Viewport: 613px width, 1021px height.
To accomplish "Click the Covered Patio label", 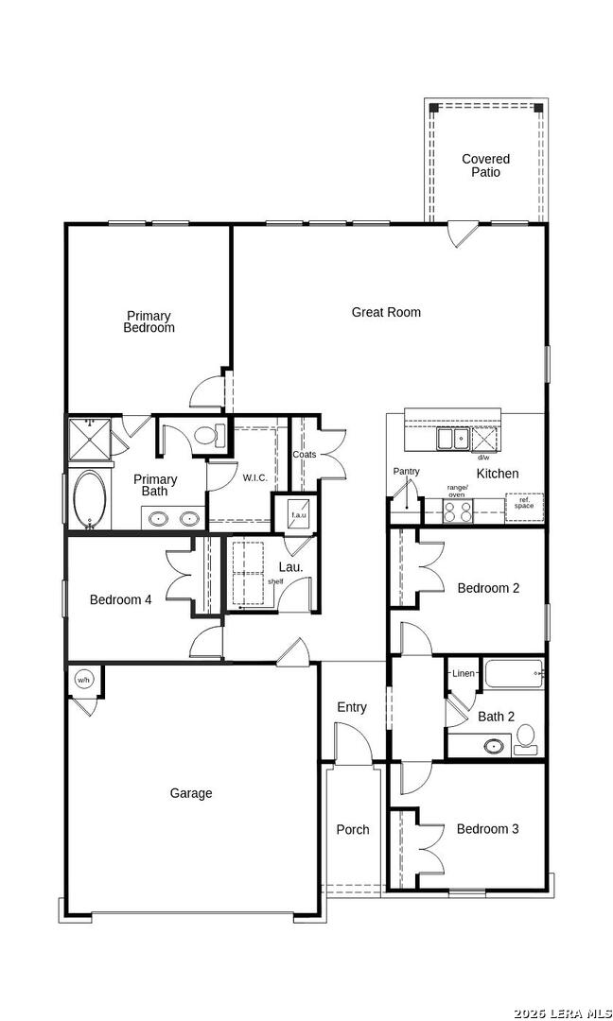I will pyautogui.click(x=485, y=165).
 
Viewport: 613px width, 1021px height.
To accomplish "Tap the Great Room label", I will pyautogui.click(x=386, y=312).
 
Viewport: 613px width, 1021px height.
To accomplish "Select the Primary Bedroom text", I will pyautogui.click(x=149, y=322).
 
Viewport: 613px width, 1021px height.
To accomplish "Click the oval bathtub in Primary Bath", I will pyautogui.click(x=90, y=499).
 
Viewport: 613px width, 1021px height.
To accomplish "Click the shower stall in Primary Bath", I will pyautogui.click(x=88, y=439).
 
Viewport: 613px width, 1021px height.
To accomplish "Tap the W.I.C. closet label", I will pyautogui.click(x=254, y=477).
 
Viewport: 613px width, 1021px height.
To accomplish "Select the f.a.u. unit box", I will pyautogui.click(x=299, y=514).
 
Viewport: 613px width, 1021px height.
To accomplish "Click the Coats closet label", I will pyautogui.click(x=304, y=455).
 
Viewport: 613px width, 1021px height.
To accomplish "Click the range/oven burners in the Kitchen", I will pyautogui.click(x=458, y=510).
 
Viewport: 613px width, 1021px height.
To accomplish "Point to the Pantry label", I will pyautogui.click(x=407, y=471).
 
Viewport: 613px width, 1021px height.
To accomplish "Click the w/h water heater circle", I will pyautogui.click(x=83, y=680).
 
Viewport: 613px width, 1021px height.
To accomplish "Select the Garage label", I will pyautogui.click(x=191, y=793).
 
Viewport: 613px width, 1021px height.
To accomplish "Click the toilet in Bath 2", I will pyautogui.click(x=526, y=737).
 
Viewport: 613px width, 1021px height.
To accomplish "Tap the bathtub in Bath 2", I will pyautogui.click(x=512, y=674).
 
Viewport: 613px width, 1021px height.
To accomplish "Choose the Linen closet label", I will pyautogui.click(x=464, y=673).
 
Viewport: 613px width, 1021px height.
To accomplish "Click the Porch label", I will pyautogui.click(x=353, y=829).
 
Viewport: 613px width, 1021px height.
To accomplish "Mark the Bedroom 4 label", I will pyautogui.click(x=120, y=599).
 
